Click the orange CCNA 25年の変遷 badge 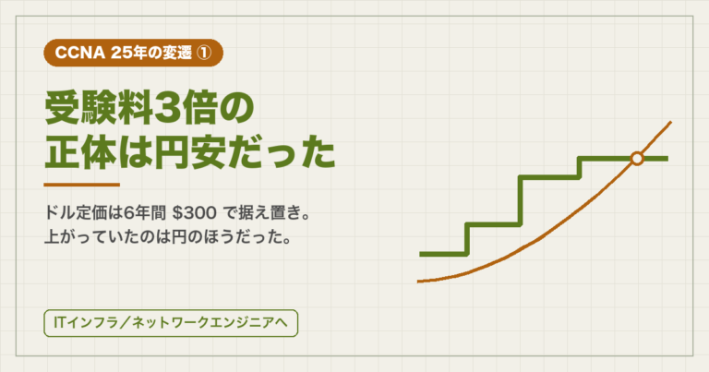(x=133, y=53)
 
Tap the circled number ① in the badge (x=203, y=53)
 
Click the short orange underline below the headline (x=82, y=185)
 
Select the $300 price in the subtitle (x=195, y=213)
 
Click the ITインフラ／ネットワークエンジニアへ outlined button (x=171, y=323)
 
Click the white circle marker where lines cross (x=637, y=159)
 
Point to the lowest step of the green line (x=443, y=254)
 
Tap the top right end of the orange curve (x=670, y=122)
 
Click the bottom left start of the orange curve (x=418, y=282)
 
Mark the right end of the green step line (x=667, y=159)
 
